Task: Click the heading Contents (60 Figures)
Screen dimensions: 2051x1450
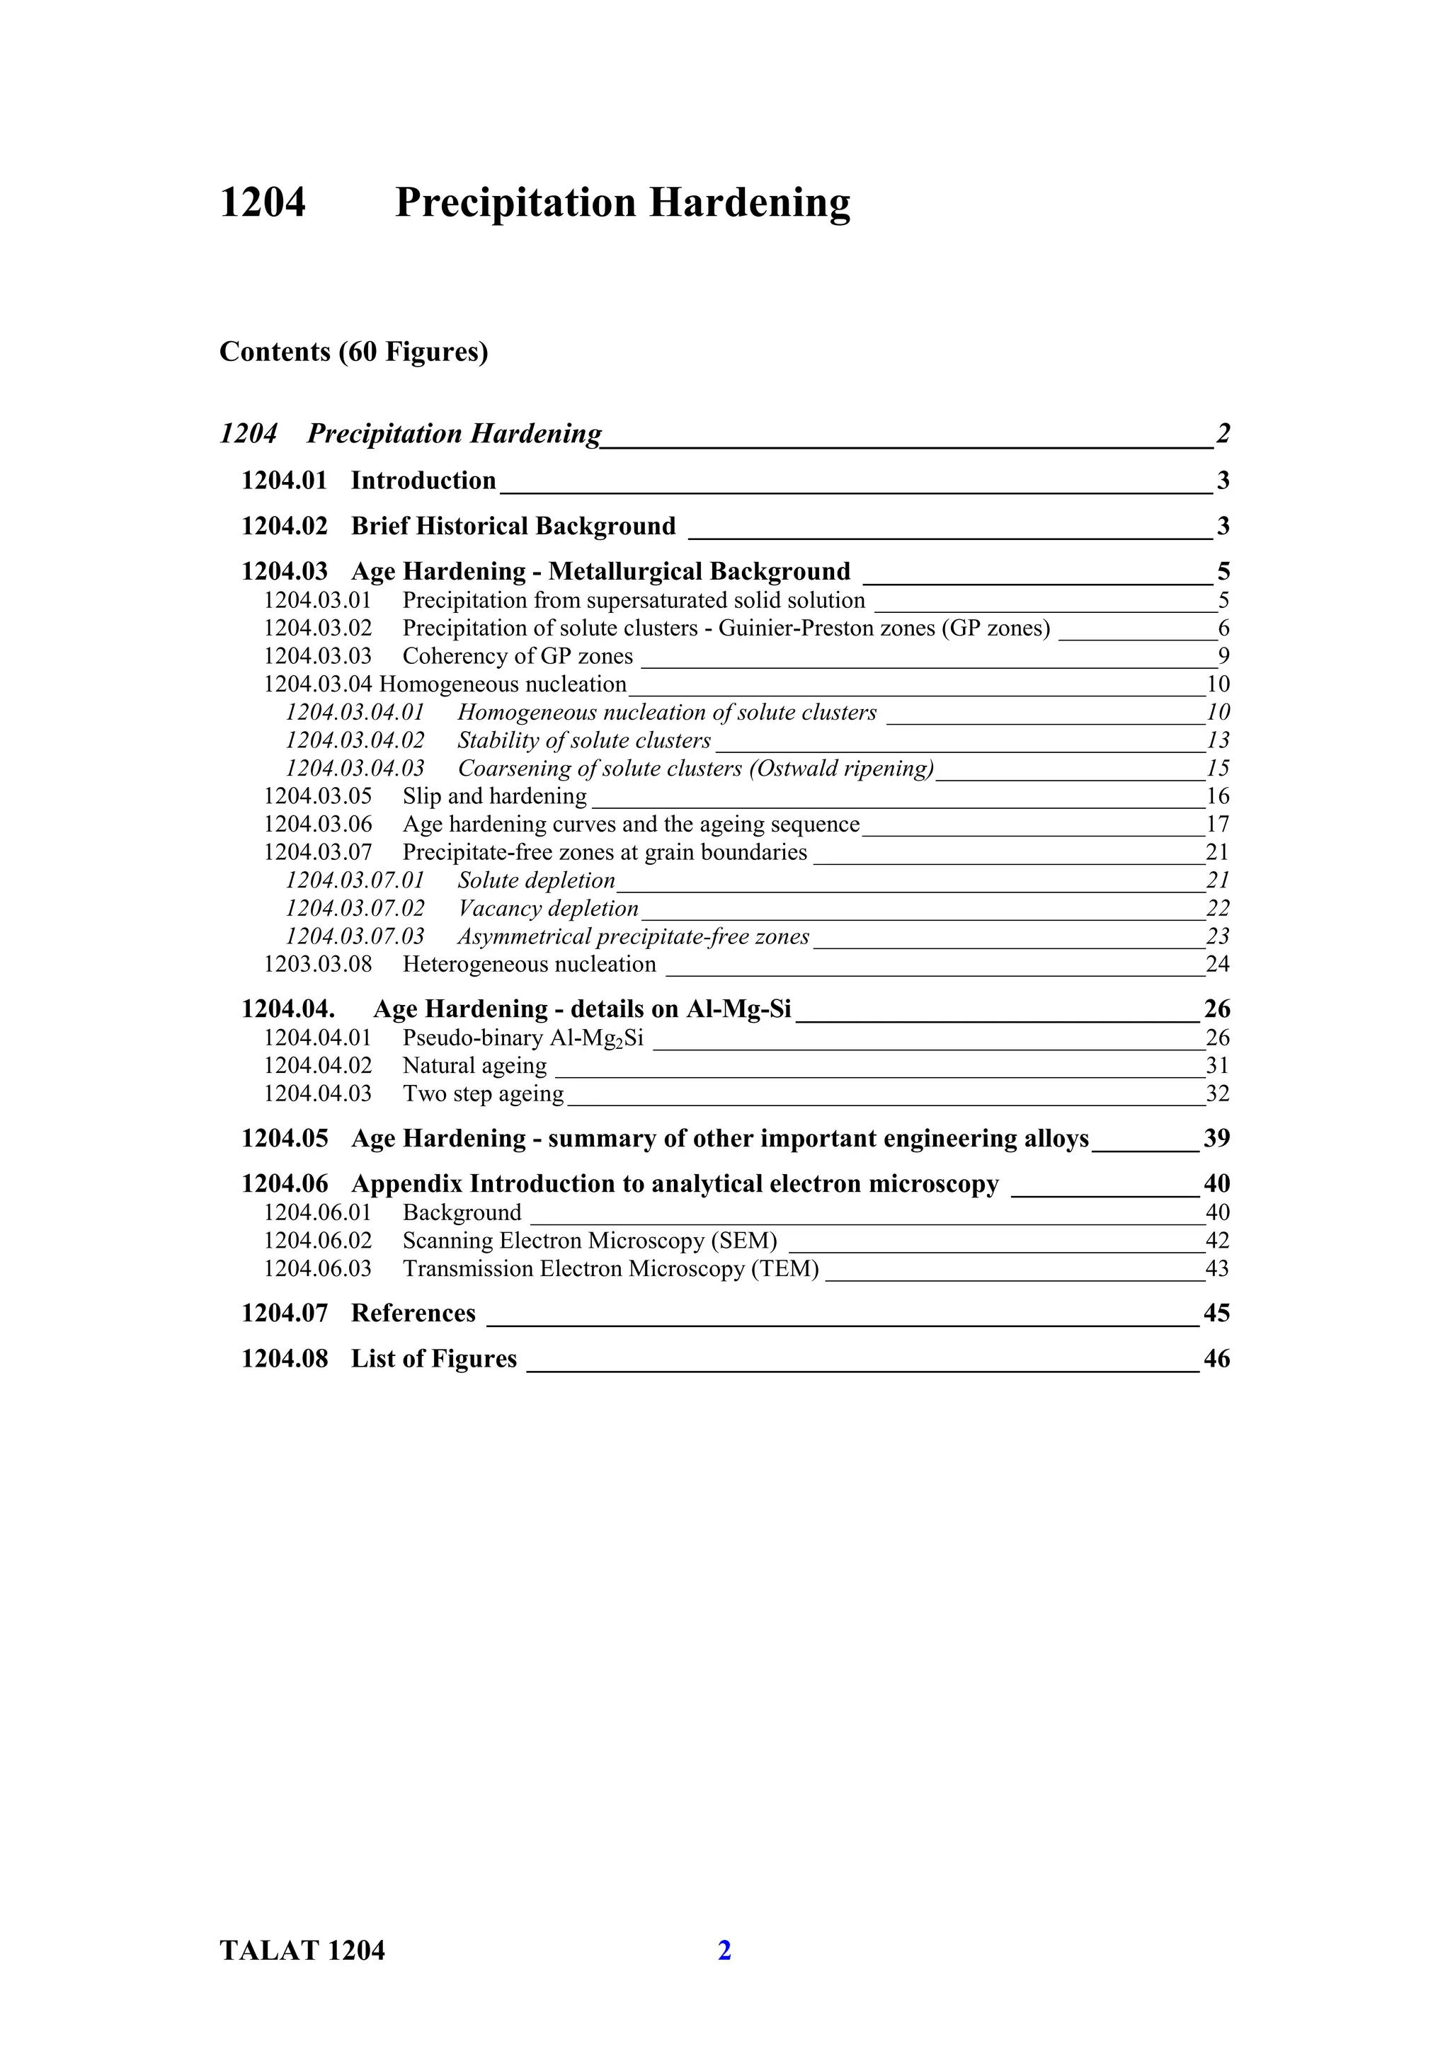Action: (x=354, y=352)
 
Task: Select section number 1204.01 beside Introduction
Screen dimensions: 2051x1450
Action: (x=284, y=481)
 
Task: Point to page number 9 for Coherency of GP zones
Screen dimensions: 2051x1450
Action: (x=1223, y=657)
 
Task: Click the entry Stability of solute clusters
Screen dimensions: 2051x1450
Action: (x=583, y=740)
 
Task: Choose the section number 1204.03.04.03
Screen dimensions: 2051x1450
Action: (x=355, y=768)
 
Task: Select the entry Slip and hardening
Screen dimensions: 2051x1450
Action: (x=494, y=796)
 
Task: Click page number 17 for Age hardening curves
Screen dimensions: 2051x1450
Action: (x=1217, y=825)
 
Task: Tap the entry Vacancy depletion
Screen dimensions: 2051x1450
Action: (x=548, y=909)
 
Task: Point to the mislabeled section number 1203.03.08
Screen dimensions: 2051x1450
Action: (x=317, y=965)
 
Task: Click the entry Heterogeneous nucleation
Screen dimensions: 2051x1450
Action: (x=529, y=965)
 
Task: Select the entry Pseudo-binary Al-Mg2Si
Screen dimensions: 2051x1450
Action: (x=523, y=1038)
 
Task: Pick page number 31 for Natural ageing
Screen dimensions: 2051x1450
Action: (x=1217, y=1066)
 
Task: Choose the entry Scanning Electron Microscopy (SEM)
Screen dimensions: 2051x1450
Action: (x=590, y=1241)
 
